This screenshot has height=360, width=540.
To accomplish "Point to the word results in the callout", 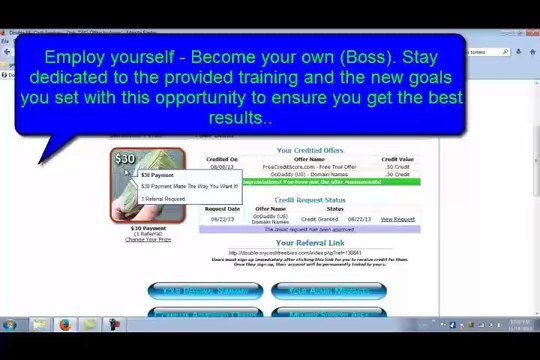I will [240, 118].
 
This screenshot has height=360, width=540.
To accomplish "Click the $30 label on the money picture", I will [125, 159].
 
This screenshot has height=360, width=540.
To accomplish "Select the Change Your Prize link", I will [147, 240].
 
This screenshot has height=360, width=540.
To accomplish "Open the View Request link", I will [397, 219].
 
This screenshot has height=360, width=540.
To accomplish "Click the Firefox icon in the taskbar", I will [65, 324].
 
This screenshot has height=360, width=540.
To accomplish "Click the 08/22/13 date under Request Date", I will [221, 219].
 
